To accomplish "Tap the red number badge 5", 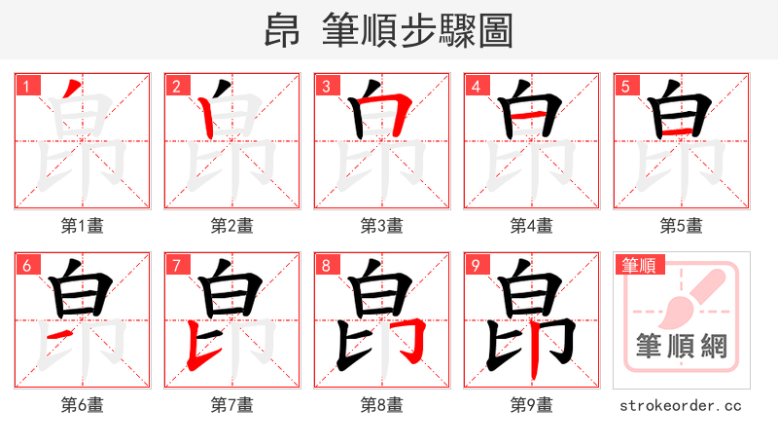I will (x=626, y=87).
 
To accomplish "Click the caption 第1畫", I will (x=82, y=226).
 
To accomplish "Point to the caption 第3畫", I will (x=381, y=226).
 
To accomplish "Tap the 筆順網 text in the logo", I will (x=681, y=346).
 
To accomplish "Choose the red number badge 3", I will (x=327, y=87).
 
